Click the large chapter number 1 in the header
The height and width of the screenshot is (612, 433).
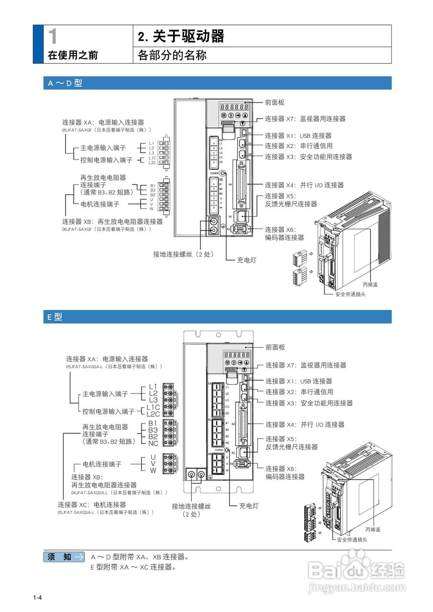(x=54, y=36)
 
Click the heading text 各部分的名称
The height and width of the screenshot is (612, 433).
(x=172, y=55)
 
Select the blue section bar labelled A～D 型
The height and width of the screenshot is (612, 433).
(x=217, y=83)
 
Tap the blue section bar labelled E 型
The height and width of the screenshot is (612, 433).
(x=217, y=317)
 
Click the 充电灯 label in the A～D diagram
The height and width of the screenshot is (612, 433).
(x=247, y=260)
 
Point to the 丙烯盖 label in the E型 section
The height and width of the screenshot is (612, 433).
(x=373, y=529)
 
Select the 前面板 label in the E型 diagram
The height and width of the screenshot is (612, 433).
(x=275, y=347)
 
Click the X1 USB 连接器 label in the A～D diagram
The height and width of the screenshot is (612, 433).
(x=298, y=136)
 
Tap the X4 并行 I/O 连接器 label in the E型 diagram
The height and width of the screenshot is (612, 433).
(x=305, y=425)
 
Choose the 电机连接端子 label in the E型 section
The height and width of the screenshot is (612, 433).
(x=102, y=464)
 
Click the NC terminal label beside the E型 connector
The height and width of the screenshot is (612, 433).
(x=153, y=443)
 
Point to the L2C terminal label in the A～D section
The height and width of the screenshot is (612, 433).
(x=152, y=163)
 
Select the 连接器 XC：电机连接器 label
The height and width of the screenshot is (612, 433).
(x=92, y=504)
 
